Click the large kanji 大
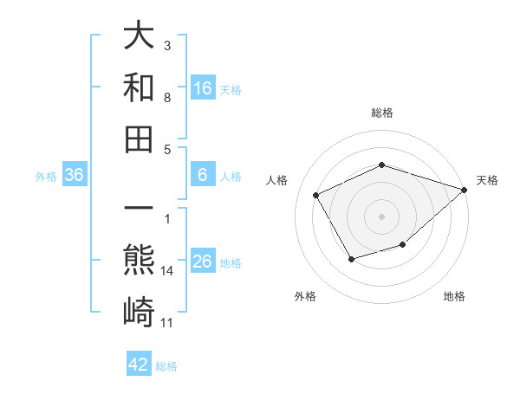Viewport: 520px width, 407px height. (x=140, y=36)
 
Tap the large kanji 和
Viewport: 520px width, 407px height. (x=140, y=87)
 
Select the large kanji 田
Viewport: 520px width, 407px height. (x=140, y=139)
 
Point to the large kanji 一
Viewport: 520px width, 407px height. (x=140, y=210)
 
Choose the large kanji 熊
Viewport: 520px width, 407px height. (x=140, y=261)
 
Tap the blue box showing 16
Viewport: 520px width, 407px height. (x=203, y=88)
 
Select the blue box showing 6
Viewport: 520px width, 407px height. (x=203, y=176)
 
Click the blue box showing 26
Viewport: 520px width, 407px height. (x=203, y=262)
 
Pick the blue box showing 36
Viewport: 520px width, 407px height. (x=75, y=176)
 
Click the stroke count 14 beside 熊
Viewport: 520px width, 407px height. (x=167, y=271)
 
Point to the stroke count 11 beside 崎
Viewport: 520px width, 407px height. (x=167, y=323)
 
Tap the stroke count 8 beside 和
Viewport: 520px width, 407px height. (x=167, y=98)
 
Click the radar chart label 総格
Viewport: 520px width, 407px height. (x=381, y=113)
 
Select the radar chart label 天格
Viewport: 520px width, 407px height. (x=487, y=181)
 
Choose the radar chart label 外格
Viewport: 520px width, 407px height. (x=305, y=297)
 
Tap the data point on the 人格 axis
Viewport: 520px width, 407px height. (x=316, y=196)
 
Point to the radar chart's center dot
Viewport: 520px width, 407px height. (x=381, y=216)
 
